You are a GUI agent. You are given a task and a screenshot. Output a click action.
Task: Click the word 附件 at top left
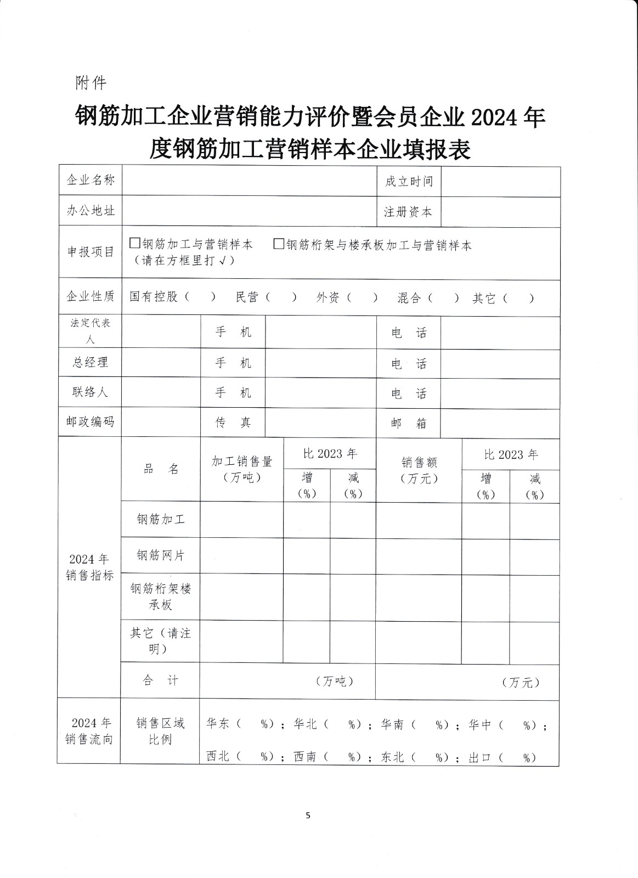click(91, 83)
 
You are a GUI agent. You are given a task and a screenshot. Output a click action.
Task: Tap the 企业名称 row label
click(91, 180)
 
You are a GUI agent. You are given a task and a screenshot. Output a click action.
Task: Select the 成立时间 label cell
click(409, 181)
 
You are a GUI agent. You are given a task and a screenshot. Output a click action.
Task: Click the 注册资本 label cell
click(409, 212)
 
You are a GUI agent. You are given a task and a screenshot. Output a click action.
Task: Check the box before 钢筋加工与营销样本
click(134, 243)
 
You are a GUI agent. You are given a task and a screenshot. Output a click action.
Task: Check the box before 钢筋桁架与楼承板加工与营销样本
click(279, 243)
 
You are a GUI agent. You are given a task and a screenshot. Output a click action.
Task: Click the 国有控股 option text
click(154, 297)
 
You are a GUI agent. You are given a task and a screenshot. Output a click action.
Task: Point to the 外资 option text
click(328, 297)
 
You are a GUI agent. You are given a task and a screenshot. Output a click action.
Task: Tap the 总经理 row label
click(91, 362)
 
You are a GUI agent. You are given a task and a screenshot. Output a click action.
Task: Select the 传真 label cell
click(233, 422)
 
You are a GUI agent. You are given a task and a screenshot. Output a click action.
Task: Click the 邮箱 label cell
click(409, 423)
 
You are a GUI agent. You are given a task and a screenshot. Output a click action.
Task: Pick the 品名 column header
click(161, 469)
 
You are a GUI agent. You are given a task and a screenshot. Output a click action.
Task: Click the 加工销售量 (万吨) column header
click(242, 469)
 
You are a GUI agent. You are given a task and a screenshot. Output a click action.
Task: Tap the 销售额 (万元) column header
click(419, 470)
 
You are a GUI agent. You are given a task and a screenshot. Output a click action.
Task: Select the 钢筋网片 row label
click(161, 555)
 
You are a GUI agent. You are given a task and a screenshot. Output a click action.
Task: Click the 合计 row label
click(161, 680)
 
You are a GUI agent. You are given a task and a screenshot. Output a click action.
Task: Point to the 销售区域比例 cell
click(161, 731)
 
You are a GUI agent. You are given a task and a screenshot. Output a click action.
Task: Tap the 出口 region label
click(480, 757)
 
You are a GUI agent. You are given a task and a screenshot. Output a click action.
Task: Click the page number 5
click(308, 815)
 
